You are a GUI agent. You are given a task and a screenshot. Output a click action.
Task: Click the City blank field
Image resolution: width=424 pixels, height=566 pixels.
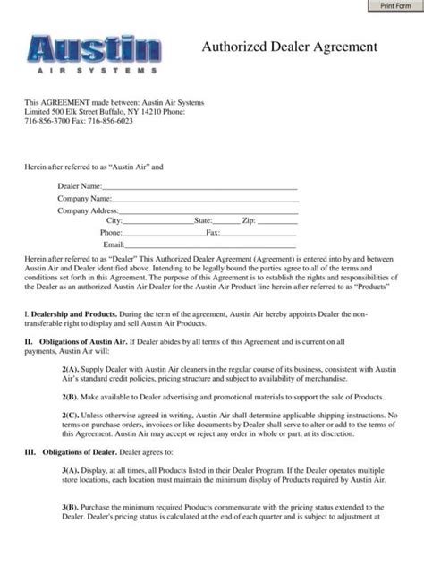point(158,220)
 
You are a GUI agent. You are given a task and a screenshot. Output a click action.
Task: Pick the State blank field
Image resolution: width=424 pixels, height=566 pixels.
point(226,220)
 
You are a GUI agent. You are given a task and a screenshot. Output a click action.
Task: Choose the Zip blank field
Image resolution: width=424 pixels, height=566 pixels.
point(277,220)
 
